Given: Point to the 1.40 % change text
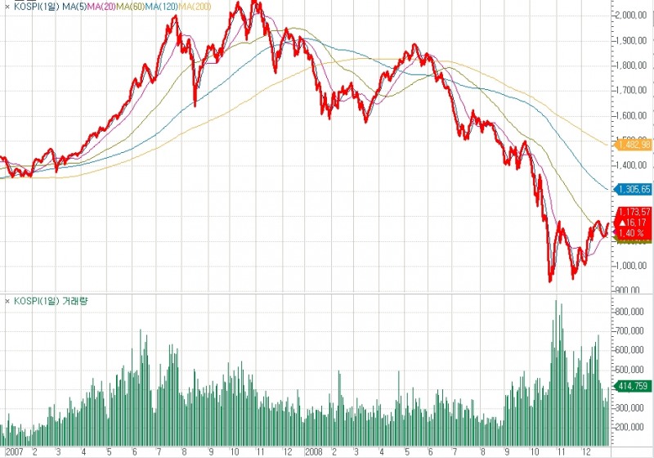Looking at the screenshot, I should (x=631, y=232).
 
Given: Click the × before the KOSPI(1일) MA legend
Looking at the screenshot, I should (x=7, y=7).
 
